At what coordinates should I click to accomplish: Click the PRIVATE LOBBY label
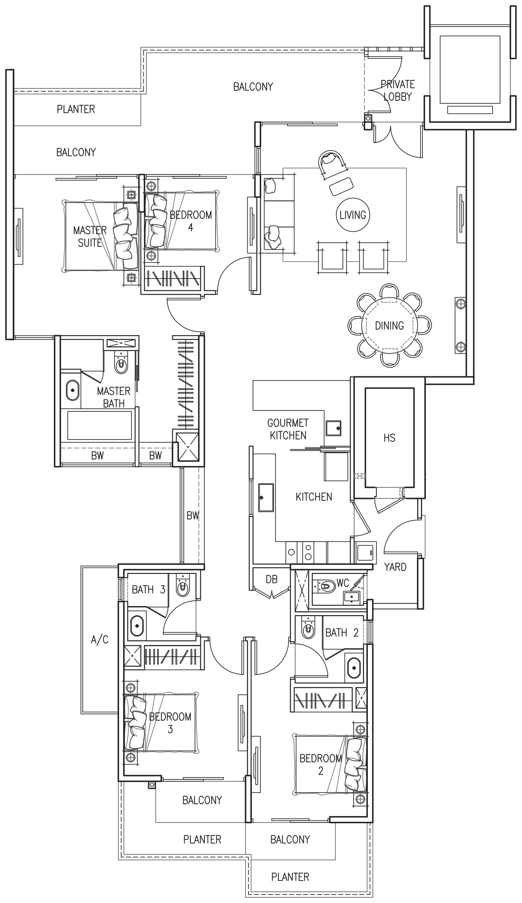(x=397, y=90)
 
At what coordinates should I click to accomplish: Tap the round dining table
(x=390, y=325)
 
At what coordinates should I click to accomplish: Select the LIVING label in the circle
(x=352, y=215)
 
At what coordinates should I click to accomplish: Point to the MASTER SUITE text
(x=90, y=236)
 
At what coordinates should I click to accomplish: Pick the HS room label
(x=389, y=438)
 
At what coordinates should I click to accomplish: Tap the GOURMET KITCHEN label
(x=288, y=429)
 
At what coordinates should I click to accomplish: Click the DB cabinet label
(x=272, y=579)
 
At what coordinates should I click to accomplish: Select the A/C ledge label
(x=100, y=640)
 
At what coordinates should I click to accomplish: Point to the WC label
(x=343, y=583)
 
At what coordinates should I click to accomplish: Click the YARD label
(x=395, y=567)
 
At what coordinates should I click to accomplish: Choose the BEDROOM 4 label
(x=190, y=221)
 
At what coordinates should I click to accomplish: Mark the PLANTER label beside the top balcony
(x=76, y=109)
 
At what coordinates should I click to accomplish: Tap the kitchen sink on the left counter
(x=266, y=498)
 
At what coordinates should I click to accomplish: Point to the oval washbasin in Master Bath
(x=73, y=390)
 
